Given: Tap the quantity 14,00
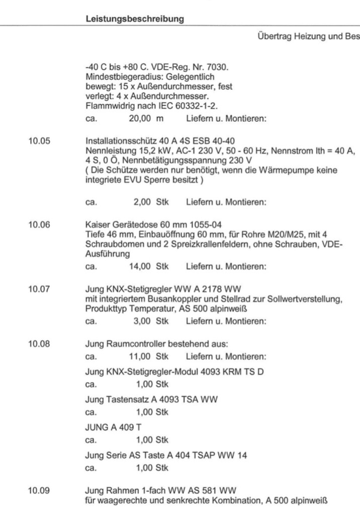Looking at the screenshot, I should point(141,266).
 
